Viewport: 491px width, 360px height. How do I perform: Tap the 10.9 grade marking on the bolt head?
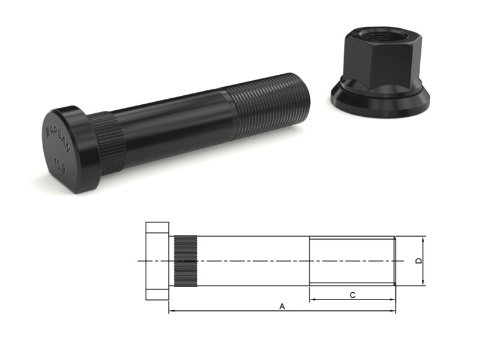pos(60,164)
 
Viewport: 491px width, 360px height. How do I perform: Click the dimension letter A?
pos(282,305)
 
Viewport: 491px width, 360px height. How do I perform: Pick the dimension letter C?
pos(353,294)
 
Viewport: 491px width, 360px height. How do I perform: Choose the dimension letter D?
pos(419,261)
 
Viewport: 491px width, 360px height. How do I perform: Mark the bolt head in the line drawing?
pos(157,261)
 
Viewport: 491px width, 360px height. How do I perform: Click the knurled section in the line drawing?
pos(186,261)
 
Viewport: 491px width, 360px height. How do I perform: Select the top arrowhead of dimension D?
pos(424,238)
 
